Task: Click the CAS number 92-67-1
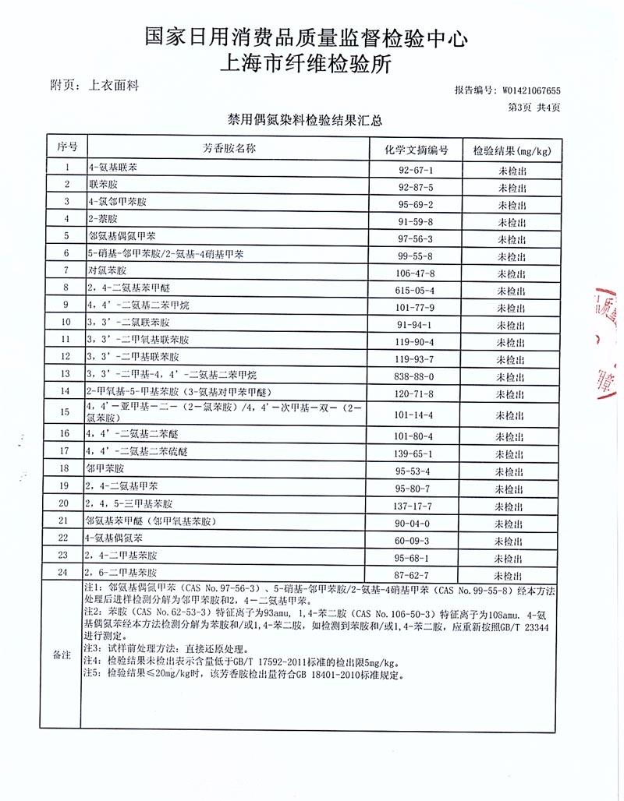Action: [x=415, y=169]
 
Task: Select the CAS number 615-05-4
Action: [x=415, y=289]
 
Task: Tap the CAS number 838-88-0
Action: [x=415, y=375]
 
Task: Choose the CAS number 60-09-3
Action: [x=415, y=540]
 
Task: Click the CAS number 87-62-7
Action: [x=415, y=575]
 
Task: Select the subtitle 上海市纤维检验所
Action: [x=307, y=63]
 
